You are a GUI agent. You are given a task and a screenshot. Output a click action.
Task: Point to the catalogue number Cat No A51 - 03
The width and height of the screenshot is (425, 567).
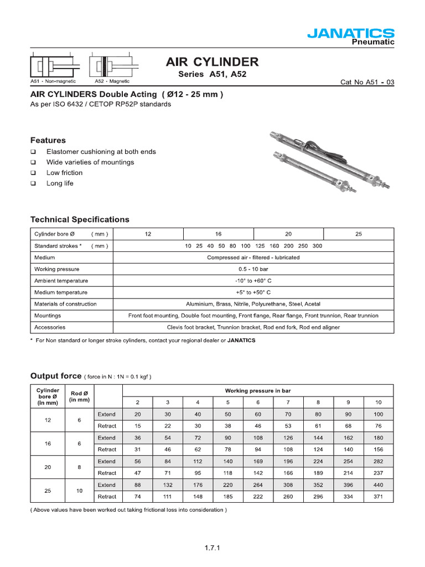click(x=367, y=83)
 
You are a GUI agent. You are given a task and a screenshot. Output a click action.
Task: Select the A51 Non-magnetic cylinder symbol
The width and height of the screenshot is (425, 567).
click(x=54, y=68)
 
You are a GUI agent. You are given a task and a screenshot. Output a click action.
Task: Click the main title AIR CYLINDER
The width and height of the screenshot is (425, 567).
click(x=212, y=61)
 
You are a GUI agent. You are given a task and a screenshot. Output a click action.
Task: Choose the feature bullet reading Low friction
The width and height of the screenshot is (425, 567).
click(x=64, y=173)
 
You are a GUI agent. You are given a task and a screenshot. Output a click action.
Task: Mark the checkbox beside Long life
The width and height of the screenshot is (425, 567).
click(x=33, y=183)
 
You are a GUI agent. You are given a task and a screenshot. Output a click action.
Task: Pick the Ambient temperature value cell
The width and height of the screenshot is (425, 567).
click(x=253, y=281)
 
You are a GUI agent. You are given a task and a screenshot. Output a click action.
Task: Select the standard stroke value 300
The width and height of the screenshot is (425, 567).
click(x=318, y=246)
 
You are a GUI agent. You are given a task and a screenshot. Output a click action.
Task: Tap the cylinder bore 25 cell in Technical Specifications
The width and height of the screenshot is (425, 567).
click(x=358, y=234)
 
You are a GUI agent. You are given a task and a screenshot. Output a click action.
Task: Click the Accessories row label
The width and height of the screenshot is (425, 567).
click(x=50, y=327)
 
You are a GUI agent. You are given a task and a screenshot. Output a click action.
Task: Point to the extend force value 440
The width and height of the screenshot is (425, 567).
click(x=378, y=485)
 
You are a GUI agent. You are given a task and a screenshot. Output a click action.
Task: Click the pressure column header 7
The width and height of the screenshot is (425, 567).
click(x=288, y=402)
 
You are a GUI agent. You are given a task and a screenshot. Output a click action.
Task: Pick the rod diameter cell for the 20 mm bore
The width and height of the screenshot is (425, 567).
click(x=80, y=467)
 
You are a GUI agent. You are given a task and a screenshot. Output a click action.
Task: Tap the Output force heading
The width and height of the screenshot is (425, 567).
click(x=56, y=375)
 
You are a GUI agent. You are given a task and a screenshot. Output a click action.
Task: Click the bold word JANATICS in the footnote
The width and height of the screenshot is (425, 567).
click(x=241, y=341)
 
